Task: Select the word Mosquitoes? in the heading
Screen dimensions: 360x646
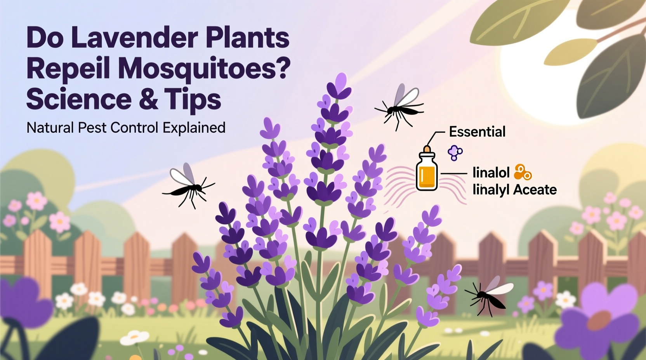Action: click(x=204, y=69)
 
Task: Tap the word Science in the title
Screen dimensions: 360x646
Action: click(x=79, y=99)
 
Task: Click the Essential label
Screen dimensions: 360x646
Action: click(x=477, y=132)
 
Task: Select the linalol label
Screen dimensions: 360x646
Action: click(x=491, y=172)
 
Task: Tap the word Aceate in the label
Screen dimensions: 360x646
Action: click(x=535, y=190)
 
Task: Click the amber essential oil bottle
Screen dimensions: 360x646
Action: click(x=427, y=172)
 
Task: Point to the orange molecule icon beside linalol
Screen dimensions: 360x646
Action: click(x=523, y=172)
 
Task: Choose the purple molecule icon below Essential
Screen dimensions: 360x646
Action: click(x=455, y=152)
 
